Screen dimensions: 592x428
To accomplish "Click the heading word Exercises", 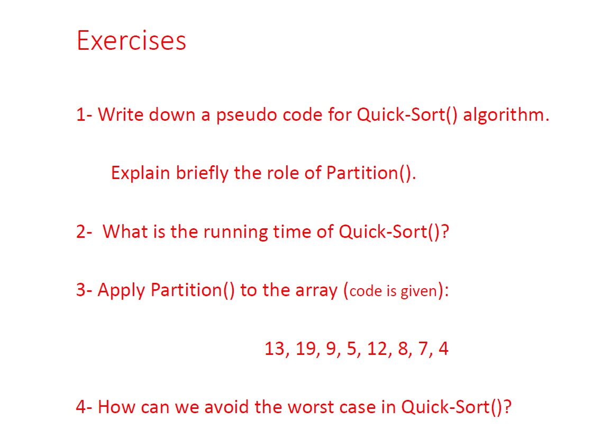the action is point(131,40).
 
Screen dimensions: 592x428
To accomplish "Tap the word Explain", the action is point(140,173).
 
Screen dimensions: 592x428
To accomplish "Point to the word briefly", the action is point(202,173).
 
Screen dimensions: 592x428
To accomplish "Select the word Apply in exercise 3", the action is point(121,290).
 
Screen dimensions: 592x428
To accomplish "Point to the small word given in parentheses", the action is point(418,291).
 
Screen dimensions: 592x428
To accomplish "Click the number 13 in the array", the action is point(275,348).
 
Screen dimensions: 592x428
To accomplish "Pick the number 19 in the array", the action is point(305,348).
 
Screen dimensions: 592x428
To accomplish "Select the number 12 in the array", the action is point(377,348).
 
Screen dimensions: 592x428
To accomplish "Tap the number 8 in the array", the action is point(403,348).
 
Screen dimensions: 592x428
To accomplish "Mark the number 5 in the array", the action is point(351,348).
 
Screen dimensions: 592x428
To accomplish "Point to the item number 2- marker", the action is point(84,232).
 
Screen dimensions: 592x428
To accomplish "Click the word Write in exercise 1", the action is point(121,114).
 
